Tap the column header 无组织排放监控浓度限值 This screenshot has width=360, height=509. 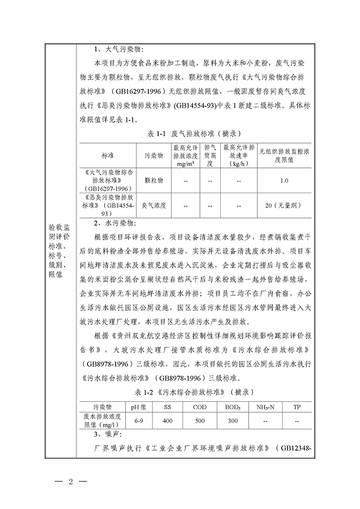pos(285,155)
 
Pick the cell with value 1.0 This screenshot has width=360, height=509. pos(285,181)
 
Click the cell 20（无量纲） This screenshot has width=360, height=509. pos(285,206)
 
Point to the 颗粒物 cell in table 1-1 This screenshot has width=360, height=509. pos(154,181)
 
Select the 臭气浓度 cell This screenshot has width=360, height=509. pos(154,206)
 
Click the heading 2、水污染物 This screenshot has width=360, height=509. pos(116,223)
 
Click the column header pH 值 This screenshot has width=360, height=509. pos(139,406)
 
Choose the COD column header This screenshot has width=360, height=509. pos(199,406)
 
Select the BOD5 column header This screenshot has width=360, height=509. pos(233,406)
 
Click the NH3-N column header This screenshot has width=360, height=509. pos(265,406)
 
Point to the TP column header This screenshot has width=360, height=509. pos(297,406)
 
